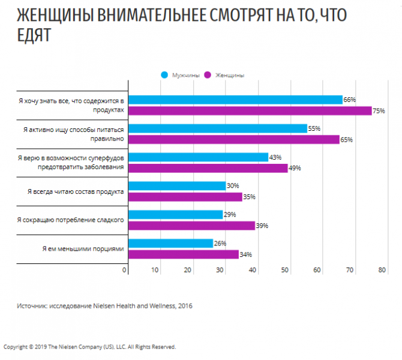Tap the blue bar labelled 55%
[x=218, y=128]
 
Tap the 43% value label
[x=275, y=157]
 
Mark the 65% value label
[x=346, y=140]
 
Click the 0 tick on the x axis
[x=125, y=270]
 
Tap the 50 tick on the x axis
[x=285, y=270]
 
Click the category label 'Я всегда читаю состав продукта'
[x=76, y=191]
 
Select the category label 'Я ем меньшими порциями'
[x=83, y=248]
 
